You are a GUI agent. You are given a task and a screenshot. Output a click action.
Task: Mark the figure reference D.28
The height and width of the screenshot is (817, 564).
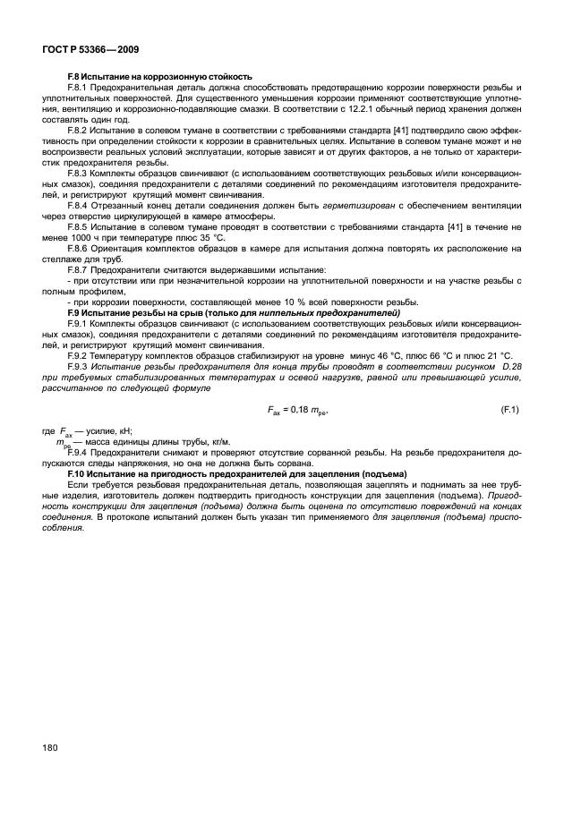coord(507,366)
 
